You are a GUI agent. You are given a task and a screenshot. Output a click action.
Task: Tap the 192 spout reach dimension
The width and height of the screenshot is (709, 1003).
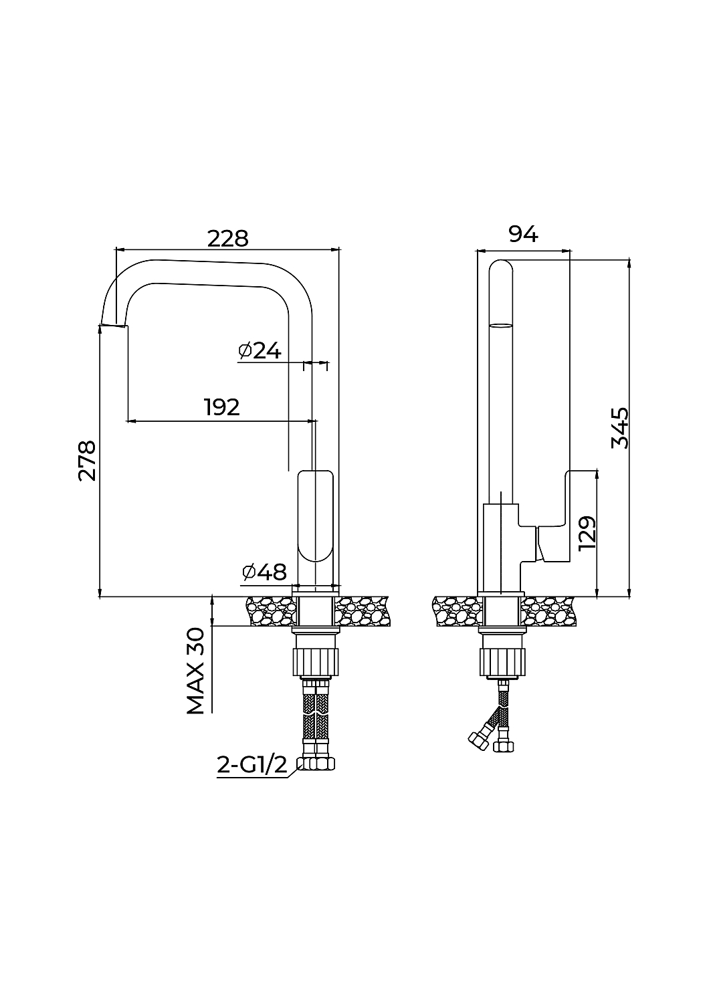221,407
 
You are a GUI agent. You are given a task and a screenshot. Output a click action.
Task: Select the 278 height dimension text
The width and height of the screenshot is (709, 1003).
87,461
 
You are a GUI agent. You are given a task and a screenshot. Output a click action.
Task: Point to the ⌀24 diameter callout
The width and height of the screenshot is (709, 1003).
260,350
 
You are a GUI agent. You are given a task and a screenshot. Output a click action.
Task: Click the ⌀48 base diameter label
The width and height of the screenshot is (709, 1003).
264,572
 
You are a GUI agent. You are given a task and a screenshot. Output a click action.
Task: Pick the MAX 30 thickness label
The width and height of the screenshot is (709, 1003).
195,671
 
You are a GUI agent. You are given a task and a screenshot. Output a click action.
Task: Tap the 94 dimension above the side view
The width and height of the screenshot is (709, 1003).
523,234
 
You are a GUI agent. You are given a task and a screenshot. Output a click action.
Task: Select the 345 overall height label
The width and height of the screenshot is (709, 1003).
620,428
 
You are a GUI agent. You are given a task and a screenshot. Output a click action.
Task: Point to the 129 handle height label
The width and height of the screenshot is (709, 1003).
587,534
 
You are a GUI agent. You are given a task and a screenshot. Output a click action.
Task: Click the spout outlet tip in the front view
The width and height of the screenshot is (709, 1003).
114,325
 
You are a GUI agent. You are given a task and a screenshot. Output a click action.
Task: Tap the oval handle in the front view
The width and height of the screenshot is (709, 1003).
315,516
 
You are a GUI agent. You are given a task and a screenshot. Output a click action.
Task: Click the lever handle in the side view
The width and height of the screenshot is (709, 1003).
554,516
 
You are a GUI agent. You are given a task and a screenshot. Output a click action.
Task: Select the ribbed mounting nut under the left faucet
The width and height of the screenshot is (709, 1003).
315,661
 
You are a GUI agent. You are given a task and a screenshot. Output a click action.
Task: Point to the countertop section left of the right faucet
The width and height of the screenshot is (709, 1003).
458,611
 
